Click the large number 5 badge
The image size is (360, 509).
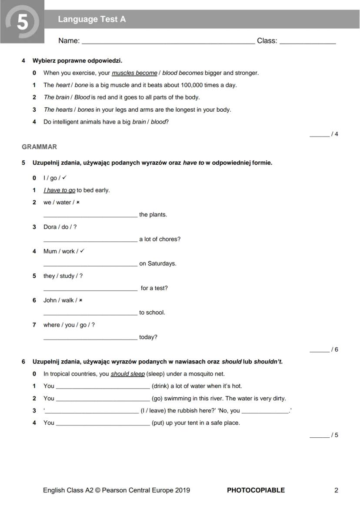point(22,22)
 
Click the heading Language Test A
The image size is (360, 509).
point(92,19)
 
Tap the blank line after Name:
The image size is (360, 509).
point(168,43)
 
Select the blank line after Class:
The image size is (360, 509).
point(307,43)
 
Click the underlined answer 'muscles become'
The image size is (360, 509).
point(134,73)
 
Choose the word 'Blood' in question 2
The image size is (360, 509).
point(82,97)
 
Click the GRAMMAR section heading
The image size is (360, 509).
point(39,147)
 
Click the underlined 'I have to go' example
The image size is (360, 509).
point(60,190)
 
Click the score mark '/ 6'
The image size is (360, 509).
point(334,349)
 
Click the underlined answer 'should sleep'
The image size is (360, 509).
point(127,374)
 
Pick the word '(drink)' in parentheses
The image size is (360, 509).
point(160,386)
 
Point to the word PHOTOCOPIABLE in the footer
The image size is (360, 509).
point(256,490)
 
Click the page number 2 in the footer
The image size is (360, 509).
point(336,490)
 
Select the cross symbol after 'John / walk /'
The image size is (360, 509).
point(80,300)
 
